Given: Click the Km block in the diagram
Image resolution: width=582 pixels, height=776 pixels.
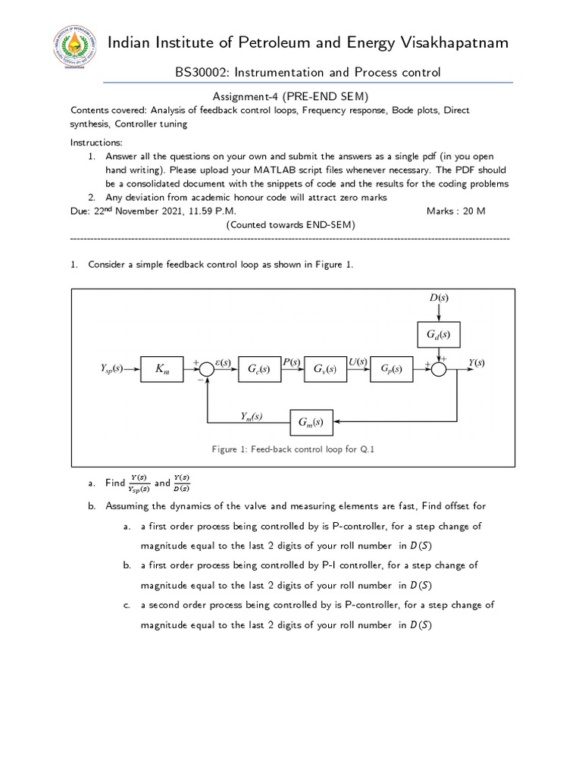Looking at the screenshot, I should click(x=162, y=369).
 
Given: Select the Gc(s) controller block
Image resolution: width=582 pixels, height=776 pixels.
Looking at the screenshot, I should click(x=258, y=369).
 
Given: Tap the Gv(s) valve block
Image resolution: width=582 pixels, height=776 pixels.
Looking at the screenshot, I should click(x=324, y=369).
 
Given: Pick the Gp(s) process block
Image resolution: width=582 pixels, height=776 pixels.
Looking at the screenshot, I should click(x=392, y=369).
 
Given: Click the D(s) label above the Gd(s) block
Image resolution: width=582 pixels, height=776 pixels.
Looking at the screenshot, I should click(x=439, y=299).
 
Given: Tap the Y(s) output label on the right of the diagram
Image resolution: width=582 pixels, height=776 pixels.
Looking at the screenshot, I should click(x=476, y=363).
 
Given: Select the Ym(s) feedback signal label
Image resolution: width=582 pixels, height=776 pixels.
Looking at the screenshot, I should click(x=252, y=415).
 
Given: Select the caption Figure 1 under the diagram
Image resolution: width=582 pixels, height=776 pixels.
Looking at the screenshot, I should click(x=293, y=449).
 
